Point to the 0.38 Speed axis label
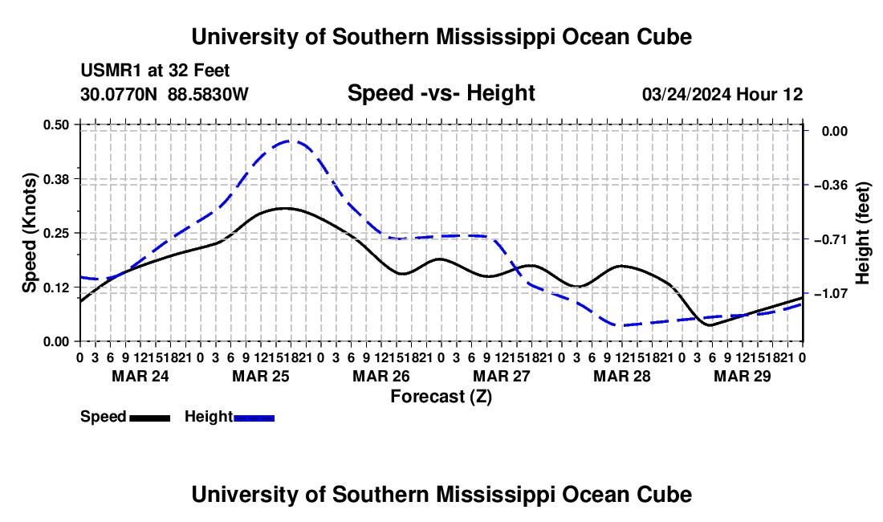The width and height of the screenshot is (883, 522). pos(55,179)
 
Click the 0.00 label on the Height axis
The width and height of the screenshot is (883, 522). pos(835,131)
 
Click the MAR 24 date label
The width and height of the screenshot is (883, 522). pos(140,376)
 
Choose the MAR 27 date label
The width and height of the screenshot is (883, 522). pos(502,376)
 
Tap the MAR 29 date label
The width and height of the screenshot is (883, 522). pos(743,376)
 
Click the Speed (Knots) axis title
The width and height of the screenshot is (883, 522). pos(29,233)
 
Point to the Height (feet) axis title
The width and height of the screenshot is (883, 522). pos(863,233)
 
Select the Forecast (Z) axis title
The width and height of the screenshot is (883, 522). pos(441,397)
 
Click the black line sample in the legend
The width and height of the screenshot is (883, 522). pos(150,418)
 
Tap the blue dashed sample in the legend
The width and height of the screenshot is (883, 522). pos(254,418)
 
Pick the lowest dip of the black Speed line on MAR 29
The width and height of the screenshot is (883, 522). pos(710,325)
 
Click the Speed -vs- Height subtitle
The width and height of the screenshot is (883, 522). pos(441,93)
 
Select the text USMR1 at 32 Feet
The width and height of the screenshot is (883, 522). pos(155,71)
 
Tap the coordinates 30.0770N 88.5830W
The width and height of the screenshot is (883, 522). pos(164,94)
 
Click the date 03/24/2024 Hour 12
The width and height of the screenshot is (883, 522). pos(722,94)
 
